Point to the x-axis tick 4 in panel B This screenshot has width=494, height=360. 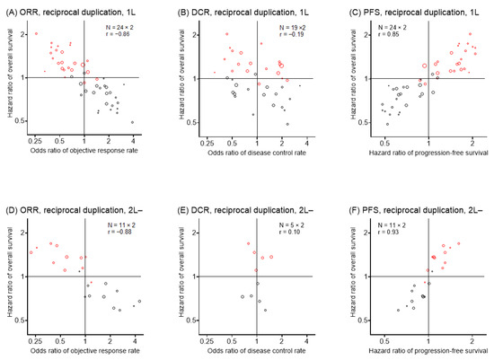pos(305,143)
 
